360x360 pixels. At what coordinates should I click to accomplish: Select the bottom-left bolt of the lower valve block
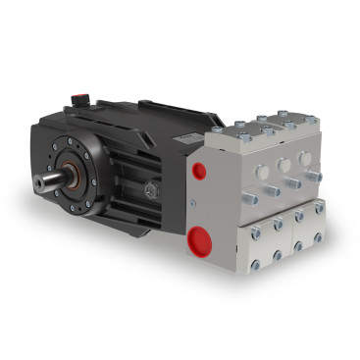coord(255,263)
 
